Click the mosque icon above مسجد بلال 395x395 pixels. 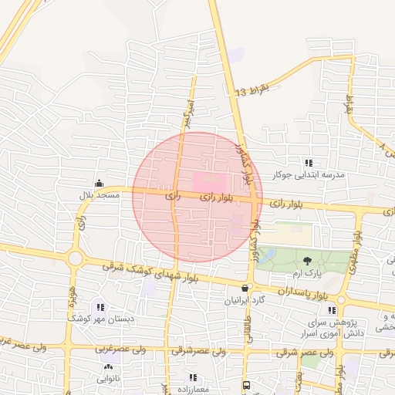pyautogui.click(x=99, y=184)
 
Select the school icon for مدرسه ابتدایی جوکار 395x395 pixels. pyautogui.click(x=309, y=163)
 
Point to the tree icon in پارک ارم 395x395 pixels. pyautogui.click(x=308, y=261)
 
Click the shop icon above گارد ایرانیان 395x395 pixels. pyautogui.click(x=245, y=287)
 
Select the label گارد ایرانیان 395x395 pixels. pyautogui.click(x=245, y=299)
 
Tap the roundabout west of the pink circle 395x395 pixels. pyautogui.click(x=76, y=258)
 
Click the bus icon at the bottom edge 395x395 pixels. pyautogui.click(x=246, y=384)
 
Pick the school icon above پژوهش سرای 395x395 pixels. pyautogui.click(x=333, y=309)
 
